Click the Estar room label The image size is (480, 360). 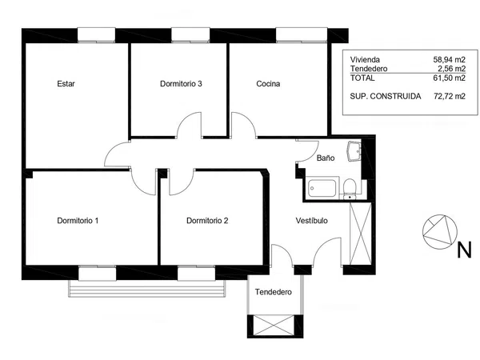click(x=66, y=84)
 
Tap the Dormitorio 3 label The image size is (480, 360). click(x=181, y=84)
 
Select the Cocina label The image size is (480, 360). click(x=268, y=84)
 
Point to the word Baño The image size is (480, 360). click(x=326, y=158)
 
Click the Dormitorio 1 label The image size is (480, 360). click(x=78, y=221)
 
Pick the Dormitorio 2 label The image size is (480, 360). click(x=207, y=221)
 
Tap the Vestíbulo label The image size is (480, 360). click(x=312, y=221)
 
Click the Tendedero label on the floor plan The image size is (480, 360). click(x=274, y=292)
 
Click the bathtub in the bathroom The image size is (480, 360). click(x=322, y=188)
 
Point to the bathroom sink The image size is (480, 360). click(x=354, y=151)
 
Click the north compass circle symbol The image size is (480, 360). click(x=440, y=232)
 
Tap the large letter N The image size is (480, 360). click(x=464, y=250)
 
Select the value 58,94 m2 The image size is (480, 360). click(x=449, y=59)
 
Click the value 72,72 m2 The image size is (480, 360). click(x=450, y=96)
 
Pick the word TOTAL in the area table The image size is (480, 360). click(x=362, y=78)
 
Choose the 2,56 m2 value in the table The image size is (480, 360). click(x=451, y=69)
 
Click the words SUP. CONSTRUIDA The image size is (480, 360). click(x=386, y=96)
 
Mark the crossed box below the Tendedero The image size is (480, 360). click(x=275, y=326)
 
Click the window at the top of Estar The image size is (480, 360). click(x=96, y=34)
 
